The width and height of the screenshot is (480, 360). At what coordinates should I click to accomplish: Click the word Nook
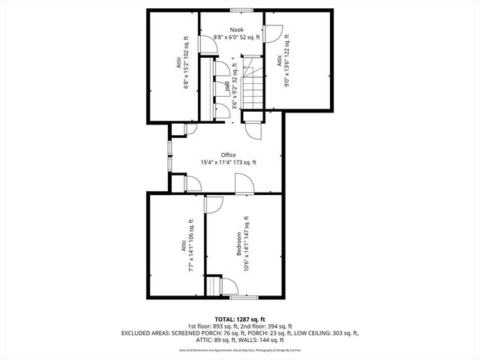click(x=237, y=30)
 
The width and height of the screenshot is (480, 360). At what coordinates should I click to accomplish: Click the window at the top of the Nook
click(x=240, y=10)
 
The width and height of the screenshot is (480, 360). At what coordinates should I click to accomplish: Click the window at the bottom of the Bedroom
click(x=240, y=297)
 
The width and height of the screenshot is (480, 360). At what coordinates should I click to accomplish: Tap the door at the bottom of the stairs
click(x=253, y=129)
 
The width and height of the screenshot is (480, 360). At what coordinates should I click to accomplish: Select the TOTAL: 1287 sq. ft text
click(x=239, y=319)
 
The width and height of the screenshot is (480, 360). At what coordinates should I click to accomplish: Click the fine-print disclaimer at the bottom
click(x=239, y=349)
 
